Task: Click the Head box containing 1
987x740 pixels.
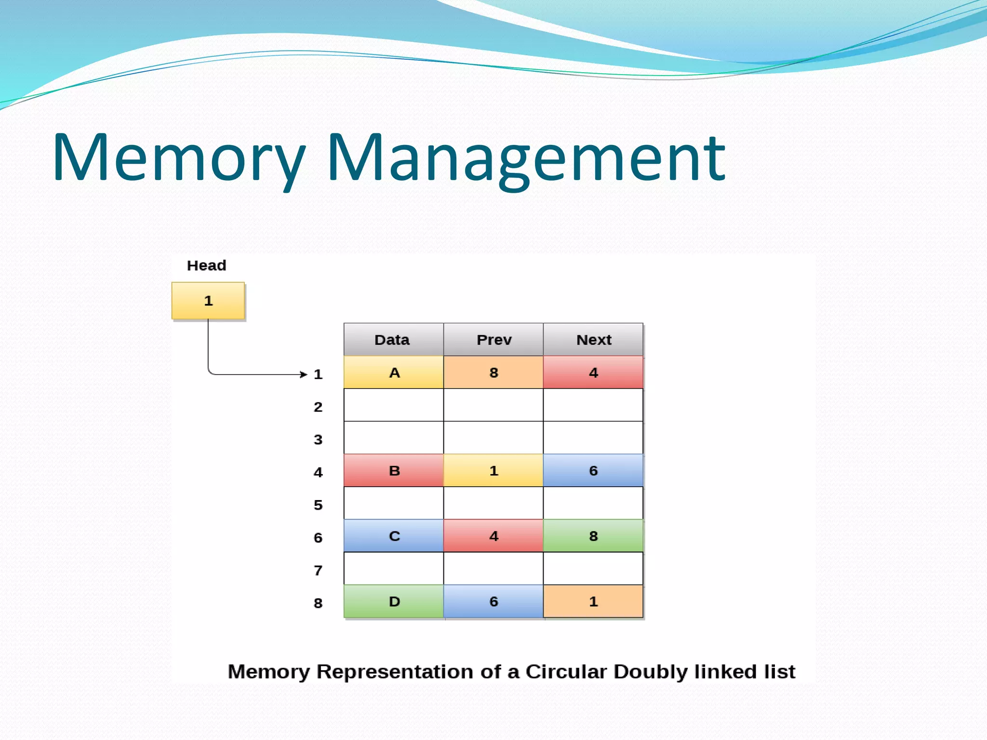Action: click(x=208, y=301)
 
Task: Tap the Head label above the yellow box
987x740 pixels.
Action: click(x=206, y=265)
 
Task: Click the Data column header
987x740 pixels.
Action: click(x=392, y=340)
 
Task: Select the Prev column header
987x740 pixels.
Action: click(x=493, y=340)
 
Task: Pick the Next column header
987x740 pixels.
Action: click(x=593, y=340)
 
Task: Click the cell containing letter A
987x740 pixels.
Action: click(x=394, y=372)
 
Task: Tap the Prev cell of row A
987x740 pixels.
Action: click(x=493, y=372)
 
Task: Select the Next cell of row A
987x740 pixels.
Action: click(x=593, y=372)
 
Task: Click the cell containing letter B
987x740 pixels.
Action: click(x=394, y=471)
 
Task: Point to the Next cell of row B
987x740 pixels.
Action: click(x=593, y=471)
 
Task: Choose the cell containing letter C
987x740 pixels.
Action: click(x=394, y=536)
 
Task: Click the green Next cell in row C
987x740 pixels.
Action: click(x=593, y=536)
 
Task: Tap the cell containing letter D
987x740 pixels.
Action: click(x=394, y=601)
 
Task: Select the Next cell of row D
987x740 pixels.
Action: click(x=593, y=601)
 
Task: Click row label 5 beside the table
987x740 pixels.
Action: click(x=318, y=505)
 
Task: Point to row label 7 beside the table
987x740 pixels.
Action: click(x=318, y=570)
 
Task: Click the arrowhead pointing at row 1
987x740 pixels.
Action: click(x=304, y=374)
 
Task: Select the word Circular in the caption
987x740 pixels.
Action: click(x=566, y=672)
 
